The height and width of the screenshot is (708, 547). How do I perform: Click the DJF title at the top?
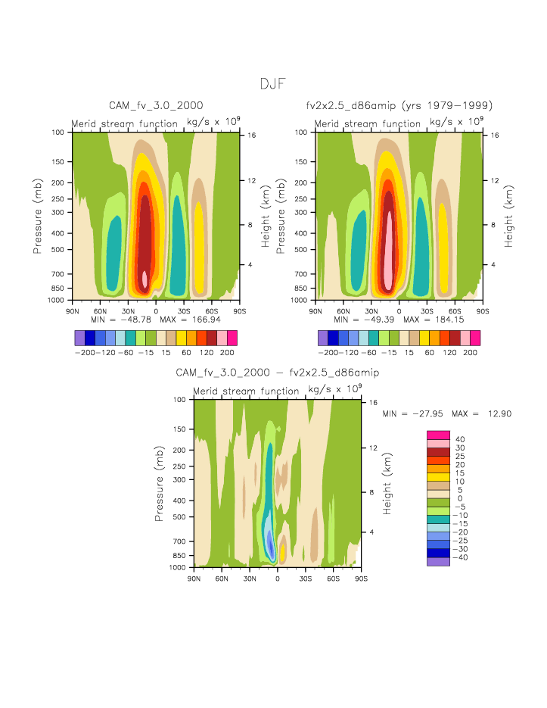(272, 84)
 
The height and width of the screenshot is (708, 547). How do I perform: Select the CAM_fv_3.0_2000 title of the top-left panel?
(156, 105)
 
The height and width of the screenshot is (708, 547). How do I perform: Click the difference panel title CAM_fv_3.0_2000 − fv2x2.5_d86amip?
(277, 373)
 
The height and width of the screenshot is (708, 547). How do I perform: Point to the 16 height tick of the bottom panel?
(373, 403)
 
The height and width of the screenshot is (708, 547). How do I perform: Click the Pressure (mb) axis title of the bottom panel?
(160, 483)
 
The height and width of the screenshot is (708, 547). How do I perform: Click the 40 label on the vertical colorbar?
(460, 439)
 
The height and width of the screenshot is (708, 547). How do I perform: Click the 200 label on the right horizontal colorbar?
(470, 353)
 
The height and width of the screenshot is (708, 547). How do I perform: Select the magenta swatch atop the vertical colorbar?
(438, 435)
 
